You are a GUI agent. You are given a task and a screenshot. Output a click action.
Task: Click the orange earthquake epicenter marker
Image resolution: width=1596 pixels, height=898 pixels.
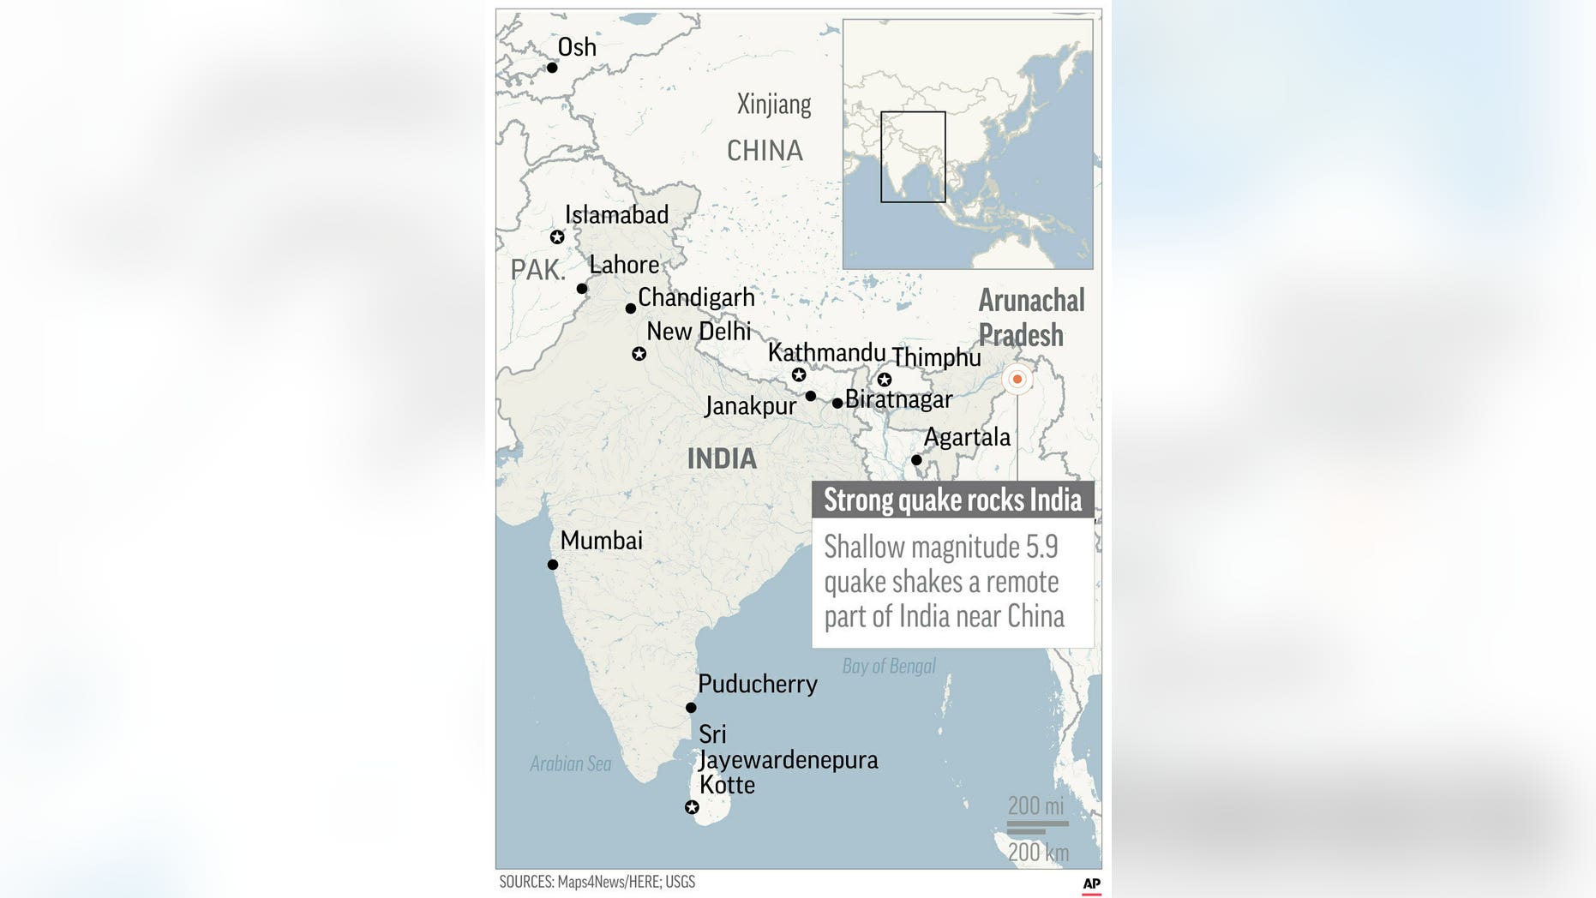click(1017, 379)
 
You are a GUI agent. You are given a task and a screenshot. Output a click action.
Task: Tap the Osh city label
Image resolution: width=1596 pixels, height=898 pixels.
click(576, 47)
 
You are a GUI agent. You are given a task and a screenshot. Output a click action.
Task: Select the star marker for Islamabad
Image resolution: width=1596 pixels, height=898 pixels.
click(557, 237)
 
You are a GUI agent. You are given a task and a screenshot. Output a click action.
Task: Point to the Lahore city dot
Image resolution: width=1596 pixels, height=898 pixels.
click(582, 289)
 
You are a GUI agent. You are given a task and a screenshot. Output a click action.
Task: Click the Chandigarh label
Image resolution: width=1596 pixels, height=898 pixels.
click(696, 297)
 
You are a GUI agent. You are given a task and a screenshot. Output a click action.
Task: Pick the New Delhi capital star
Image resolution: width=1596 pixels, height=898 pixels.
click(639, 354)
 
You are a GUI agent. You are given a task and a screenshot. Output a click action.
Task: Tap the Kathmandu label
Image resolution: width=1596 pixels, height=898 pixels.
click(826, 352)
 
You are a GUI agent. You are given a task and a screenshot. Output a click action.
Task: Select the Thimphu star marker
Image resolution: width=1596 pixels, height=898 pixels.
click(885, 380)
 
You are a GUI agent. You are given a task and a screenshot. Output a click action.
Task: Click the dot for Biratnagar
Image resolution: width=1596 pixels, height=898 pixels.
click(837, 403)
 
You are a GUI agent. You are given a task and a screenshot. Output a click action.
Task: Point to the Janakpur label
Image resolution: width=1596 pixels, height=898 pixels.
click(750, 405)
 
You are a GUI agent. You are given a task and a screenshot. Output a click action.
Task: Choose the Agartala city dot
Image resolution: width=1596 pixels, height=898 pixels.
click(916, 460)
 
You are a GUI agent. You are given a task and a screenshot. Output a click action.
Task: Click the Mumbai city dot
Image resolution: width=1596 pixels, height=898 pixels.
click(553, 565)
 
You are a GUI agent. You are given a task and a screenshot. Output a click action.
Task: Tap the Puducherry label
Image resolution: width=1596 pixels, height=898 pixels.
click(757, 684)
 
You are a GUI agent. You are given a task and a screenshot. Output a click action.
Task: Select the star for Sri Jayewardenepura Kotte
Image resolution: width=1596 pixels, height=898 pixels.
click(692, 807)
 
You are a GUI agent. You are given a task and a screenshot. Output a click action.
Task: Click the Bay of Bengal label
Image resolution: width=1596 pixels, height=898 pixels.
click(889, 666)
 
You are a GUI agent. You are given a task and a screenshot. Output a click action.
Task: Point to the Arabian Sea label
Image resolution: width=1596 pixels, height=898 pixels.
click(570, 763)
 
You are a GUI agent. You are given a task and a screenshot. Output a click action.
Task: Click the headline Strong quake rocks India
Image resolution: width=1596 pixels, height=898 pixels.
click(952, 500)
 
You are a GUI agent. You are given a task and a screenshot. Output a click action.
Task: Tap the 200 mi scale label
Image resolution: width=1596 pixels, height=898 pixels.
click(1035, 805)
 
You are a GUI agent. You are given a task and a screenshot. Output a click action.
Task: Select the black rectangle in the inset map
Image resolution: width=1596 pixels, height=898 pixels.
click(913, 157)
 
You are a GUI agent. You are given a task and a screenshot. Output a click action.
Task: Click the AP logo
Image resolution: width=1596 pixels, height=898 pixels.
click(1091, 883)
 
